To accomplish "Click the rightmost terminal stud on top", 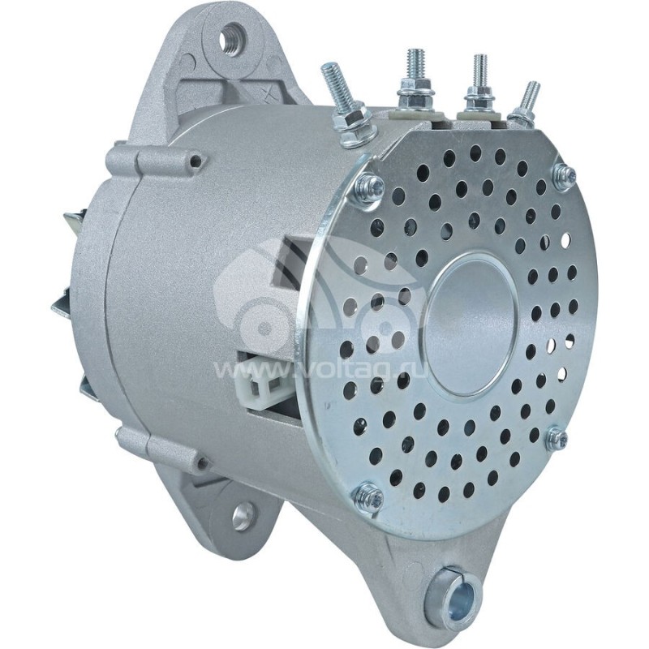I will pyautogui.click(x=530, y=97).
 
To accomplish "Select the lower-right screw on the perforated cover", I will pyautogui.click(x=557, y=439).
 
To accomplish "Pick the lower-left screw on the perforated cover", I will pyautogui.click(x=369, y=496).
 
